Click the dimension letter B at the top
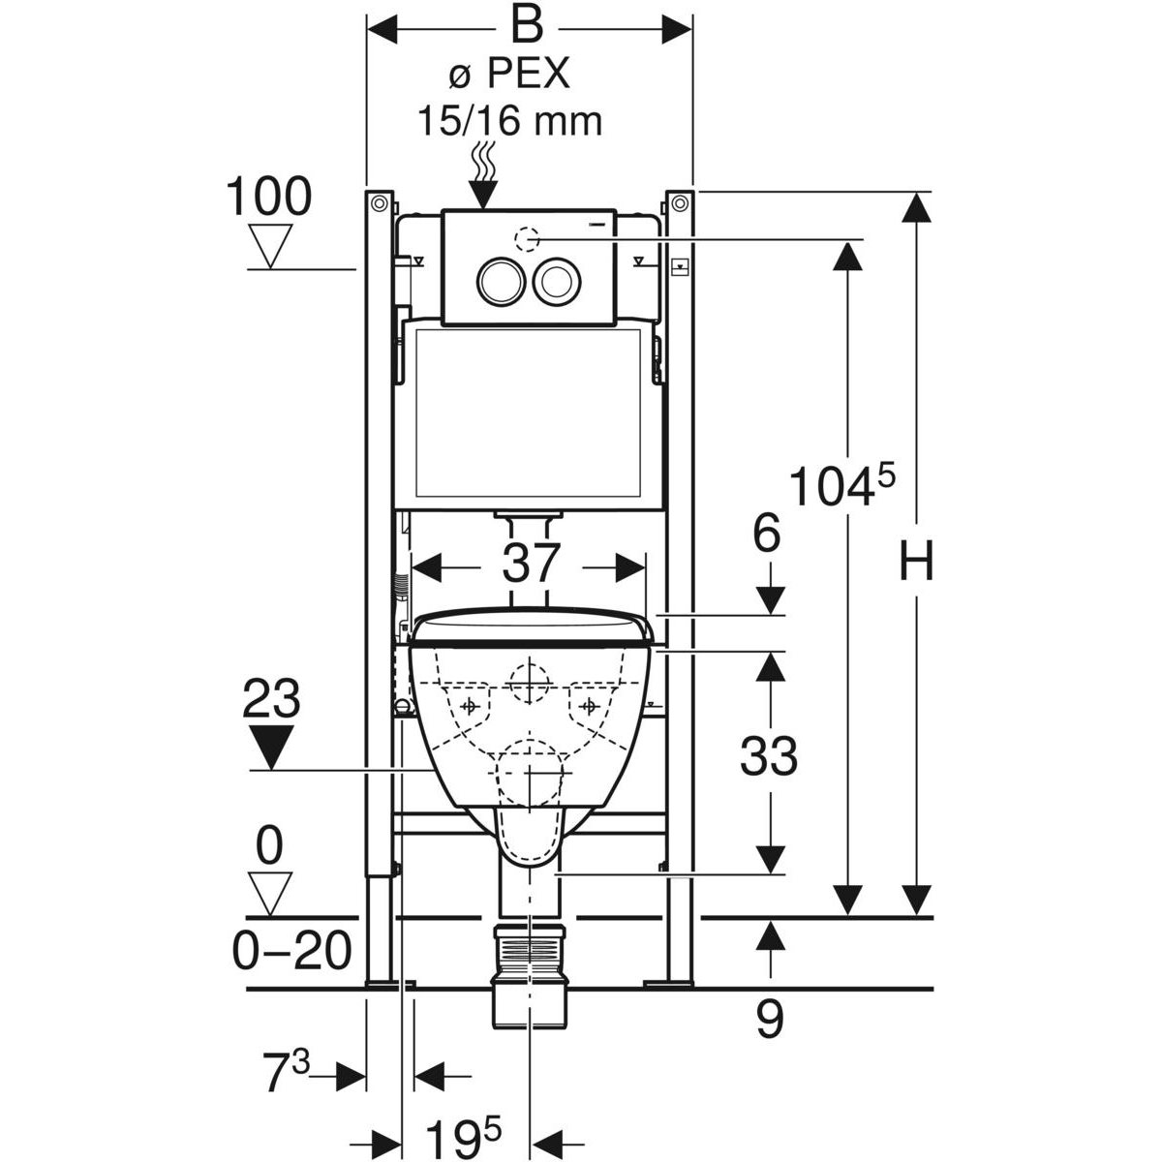(x=527, y=26)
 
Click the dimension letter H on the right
(x=916, y=561)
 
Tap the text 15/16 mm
(x=509, y=121)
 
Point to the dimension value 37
(x=531, y=564)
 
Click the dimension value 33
(x=769, y=757)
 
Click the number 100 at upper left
(x=268, y=198)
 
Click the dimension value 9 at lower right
(x=769, y=1021)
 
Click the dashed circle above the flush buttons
(x=527, y=237)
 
